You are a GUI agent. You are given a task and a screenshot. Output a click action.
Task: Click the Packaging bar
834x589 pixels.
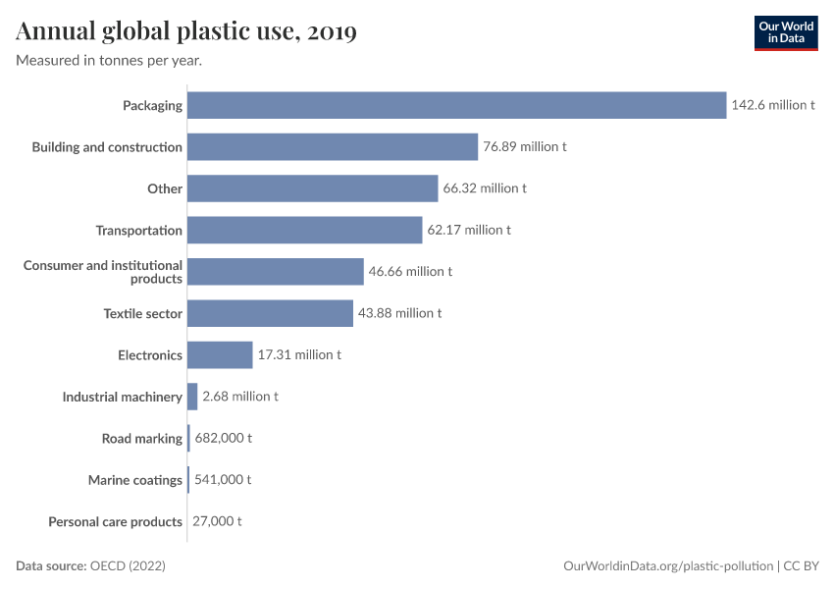pyautogui.click(x=456, y=105)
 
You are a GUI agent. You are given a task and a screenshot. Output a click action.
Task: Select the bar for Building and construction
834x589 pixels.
pyautogui.click(x=332, y=147)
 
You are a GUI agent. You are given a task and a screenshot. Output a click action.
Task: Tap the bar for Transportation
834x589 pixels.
pyautogui.click(x=304, y=231)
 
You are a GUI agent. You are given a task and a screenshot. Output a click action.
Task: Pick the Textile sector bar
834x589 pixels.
pyautogui.click(x=270, y=313)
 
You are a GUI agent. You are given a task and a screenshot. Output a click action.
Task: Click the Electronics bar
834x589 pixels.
pyautogui.click(x=220, y=355)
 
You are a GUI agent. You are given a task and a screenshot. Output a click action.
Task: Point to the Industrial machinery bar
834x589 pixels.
pyautogui.click(x=192, y=397)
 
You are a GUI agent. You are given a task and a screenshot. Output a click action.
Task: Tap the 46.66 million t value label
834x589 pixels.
pyautogui.click(x=410, y=272)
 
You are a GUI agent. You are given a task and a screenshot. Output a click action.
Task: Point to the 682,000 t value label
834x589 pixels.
pyautogui.click(x=223, y=439)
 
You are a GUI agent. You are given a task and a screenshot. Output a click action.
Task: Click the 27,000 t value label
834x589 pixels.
pyautogui.click(x=217, y=521)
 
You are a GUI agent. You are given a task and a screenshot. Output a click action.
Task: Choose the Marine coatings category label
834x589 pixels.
pyautogui.click(x=135, y=480)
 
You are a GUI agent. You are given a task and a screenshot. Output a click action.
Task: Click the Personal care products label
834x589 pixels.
pyautogui.click(x=116, y=521)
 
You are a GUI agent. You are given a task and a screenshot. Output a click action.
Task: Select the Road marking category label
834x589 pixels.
pyautogui.click(x=142, y=439)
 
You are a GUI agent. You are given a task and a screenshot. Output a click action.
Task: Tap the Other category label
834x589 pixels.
pyautogui.click(x=165, y=188)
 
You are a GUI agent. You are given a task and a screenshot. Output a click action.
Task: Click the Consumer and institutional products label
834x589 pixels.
pyautogui.click(x=103, y=272)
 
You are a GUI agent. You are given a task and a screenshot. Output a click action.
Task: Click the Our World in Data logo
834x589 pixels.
pyautogui.click(x=785, y=32)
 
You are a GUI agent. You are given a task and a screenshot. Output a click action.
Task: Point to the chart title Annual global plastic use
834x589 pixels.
pyautogui.click(x=186, y=32)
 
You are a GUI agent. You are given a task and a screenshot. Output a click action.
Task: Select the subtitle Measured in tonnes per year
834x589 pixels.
pyautogui.click(x=109, y=61)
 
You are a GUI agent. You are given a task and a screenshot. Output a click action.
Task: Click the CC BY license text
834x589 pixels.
pyautogui.click(x=802, y=566)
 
